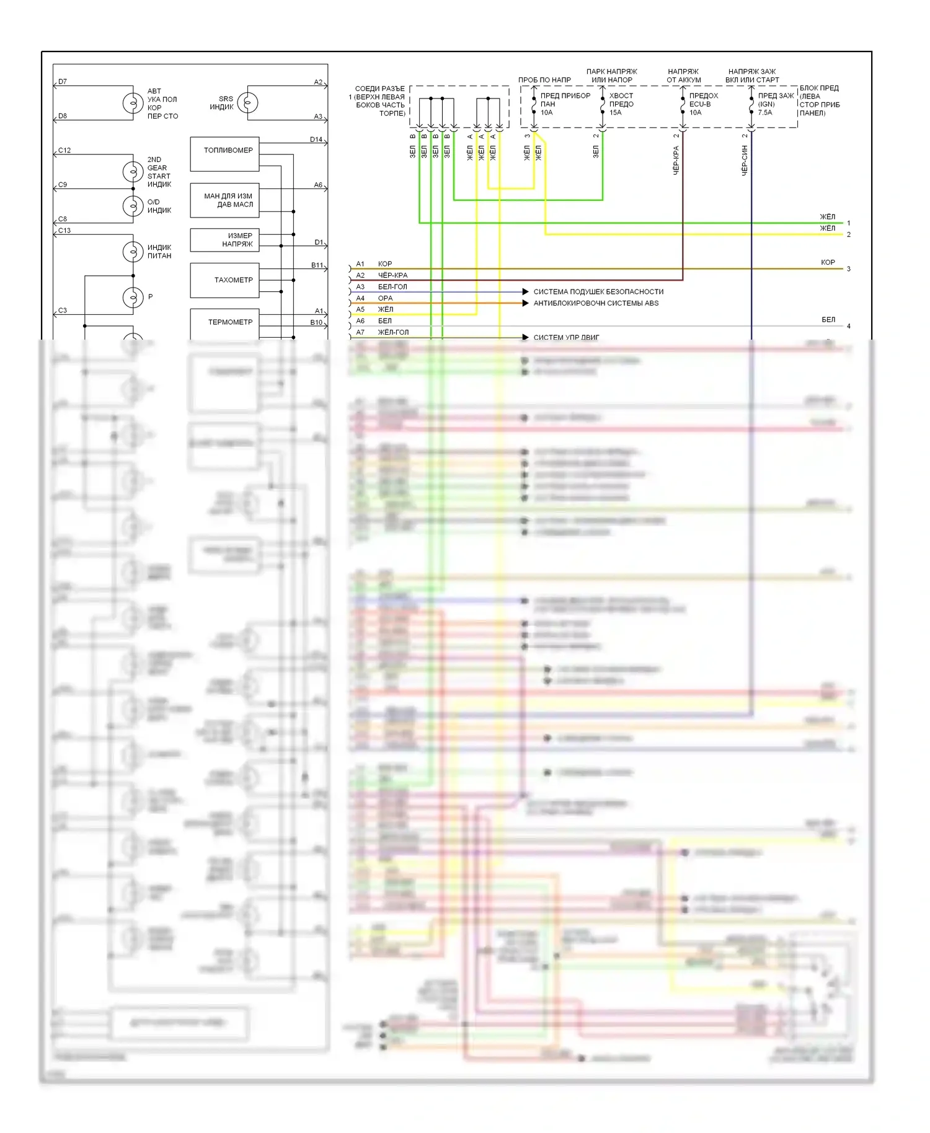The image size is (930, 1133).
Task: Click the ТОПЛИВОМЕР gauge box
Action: click(x=224, y=154)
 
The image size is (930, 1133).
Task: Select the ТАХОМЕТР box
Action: click(x=224, y=280)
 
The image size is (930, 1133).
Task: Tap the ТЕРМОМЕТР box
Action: click(x=224, y=322)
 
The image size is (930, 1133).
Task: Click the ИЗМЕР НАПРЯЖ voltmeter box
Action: click(x=224, y=240)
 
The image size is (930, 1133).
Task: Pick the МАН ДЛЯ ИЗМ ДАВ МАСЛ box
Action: click(x=224, y=200)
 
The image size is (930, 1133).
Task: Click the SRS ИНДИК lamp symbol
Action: click(x=248, y=103)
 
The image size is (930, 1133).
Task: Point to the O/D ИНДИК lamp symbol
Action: click(x=133, y=206)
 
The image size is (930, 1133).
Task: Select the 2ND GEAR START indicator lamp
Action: click(x=133, y=172)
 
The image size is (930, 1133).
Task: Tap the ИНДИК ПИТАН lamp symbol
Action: click(x=133, y=252)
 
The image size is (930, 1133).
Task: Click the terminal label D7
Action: click(x=63, y=82)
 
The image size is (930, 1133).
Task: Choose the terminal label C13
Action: click(x=64, y=231)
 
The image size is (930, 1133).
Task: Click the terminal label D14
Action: click(x=316, y=140)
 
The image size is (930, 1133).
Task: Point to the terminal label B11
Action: click(x=317, y=265)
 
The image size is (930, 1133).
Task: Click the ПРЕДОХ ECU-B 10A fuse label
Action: click(x=703, y=104)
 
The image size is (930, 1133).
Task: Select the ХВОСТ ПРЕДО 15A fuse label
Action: click(x=621, y=104)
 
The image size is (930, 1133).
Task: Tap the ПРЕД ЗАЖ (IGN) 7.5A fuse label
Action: click(x=775, y=104)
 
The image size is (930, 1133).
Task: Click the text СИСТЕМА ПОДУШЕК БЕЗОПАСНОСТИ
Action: click(x=598, y=292)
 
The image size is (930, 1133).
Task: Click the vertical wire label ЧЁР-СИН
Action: click(x=745, y=161)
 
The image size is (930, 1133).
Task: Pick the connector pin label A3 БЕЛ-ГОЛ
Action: click(x=382, y=287)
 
